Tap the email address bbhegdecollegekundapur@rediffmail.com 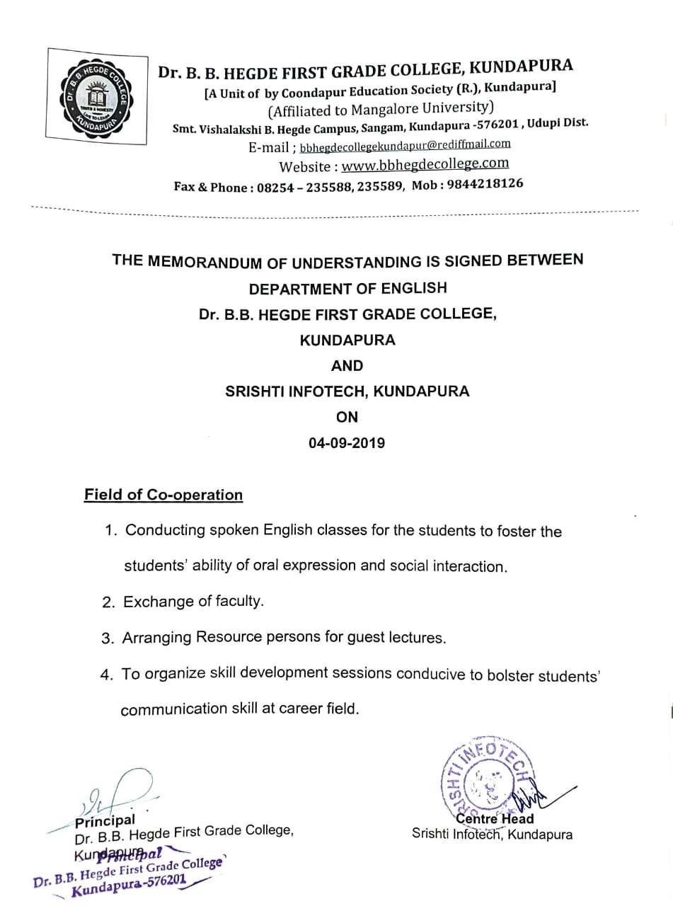pos(405,146)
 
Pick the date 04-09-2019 pos(347,444)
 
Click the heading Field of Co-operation pos(163,495)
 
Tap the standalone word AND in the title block pos(347,366)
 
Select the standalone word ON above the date pos(347,417)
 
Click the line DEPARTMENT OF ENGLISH pos(347,289)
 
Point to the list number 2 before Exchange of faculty pos(108,602)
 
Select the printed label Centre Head pos(495,819)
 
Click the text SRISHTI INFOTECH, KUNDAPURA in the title pos(347,391)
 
